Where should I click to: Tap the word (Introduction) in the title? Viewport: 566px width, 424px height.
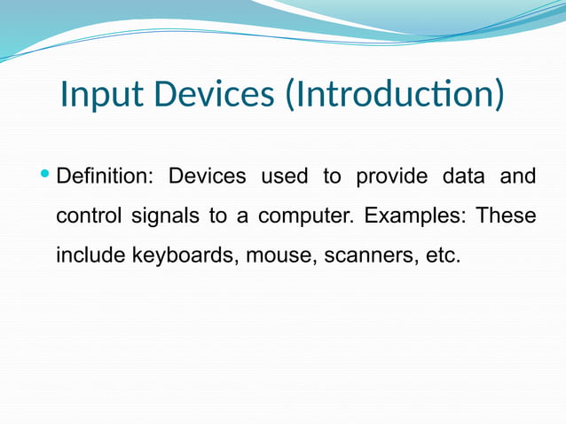394,95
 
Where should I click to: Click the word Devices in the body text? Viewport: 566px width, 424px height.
208,177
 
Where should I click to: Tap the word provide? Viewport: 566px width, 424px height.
387,177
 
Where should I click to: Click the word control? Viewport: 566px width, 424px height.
90,216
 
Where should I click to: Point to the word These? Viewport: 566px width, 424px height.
507,216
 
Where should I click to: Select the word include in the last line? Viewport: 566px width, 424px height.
90,256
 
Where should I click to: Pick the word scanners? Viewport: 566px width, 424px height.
366,256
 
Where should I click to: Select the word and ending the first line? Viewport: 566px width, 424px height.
518,177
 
